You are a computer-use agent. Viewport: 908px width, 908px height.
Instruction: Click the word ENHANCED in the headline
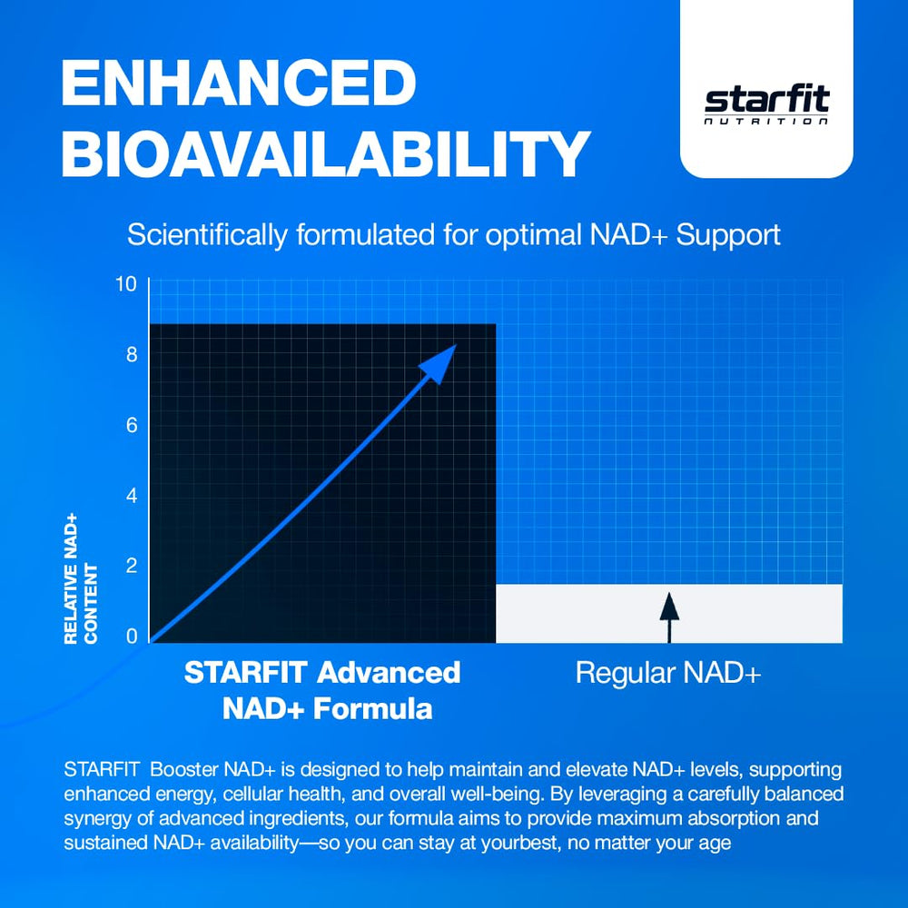tap(238, 84)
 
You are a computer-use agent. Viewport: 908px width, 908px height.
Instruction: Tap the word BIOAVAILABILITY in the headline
tap(326, 153)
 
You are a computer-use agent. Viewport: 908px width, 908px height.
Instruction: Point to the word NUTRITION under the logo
tap(767, 121)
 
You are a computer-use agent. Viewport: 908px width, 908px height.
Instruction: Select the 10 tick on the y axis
tap(126, 284)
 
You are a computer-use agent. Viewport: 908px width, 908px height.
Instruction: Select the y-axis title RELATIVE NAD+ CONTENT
tap(81, 578)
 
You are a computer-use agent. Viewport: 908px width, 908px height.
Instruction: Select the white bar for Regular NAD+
tap(754, 614)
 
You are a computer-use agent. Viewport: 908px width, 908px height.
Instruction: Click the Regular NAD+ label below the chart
tap(668, 674)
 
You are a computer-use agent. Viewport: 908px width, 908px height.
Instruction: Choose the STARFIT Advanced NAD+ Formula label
tap(323, 690)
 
